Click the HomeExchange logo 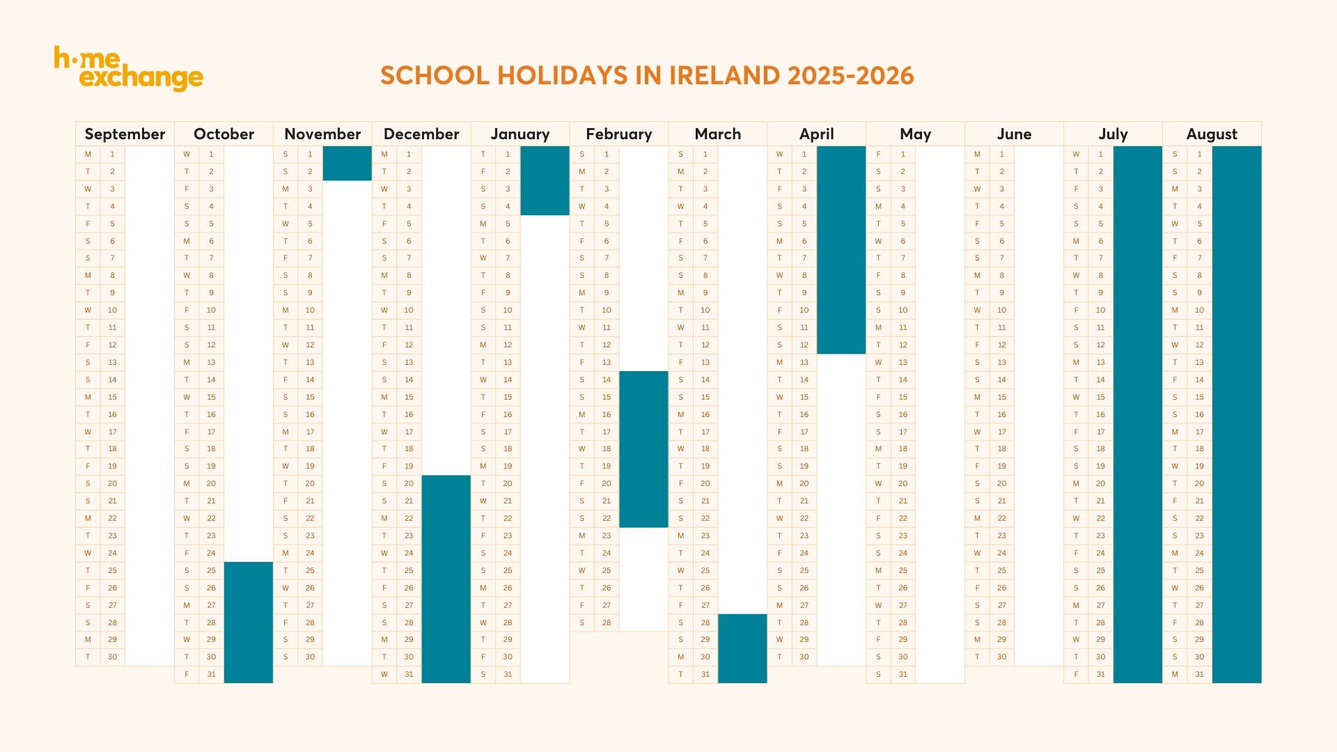[x=128, y=68]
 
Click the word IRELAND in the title [x=724, y=76]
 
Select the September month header [x=125, y=134]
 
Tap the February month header [x=618, y=134]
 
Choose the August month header [x=1212, y=134]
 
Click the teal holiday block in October [x=248, y=622]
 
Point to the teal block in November [x=347, y=163]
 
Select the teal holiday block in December [x=446, y=579]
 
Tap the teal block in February [x=643, y=449]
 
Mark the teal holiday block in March [x=742, y=648]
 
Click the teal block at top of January [x=545, y=180]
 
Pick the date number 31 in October [x=211, y=674]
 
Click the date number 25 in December [x=409, y=570]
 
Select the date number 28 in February [x=607, y=622]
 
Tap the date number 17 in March [x=705, y=432]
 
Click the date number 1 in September [x=112, y=154]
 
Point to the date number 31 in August [x=1199, y=674]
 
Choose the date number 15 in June [x=1001, y=397]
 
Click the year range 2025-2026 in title [x=850, y=76]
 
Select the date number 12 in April [x=804, y=345]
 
